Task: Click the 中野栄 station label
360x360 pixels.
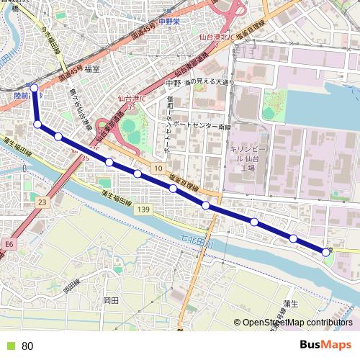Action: [x=168, y=22]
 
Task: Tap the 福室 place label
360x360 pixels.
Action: [x=91, y=68]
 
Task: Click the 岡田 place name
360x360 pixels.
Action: [x=110, y=300]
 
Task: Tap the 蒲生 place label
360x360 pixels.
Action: [x=291, y=305]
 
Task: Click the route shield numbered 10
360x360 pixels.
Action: [x=156, y=168]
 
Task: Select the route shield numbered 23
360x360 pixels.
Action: [x=42, y=202]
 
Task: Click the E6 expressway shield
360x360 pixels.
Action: [x=9, y=245]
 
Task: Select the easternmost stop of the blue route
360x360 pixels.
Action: [x=325, y=252]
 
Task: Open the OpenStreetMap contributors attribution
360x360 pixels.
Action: [x=297, y=323]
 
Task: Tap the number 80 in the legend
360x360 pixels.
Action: [x=27, y=346]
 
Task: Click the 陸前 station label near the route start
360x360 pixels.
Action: [x=23, y=95]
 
